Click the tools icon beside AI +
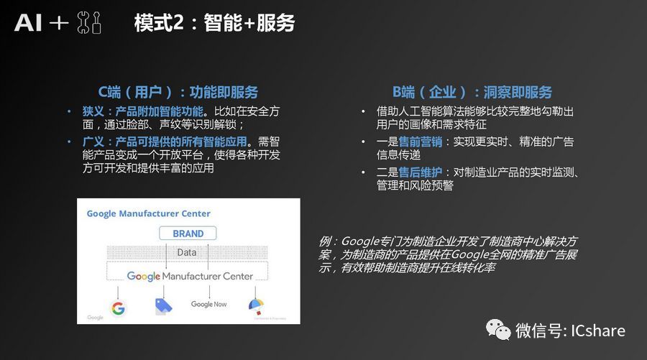[89, 23]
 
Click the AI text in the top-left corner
[28, 23]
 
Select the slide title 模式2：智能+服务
[214, 23]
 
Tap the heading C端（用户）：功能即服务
[178, 92]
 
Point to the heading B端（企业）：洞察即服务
[472, 92]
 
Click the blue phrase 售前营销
[420, 142]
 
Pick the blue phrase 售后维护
[420, 172]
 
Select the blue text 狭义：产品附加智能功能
[143, 111]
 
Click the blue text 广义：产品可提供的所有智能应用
[165, 142]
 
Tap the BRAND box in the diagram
[188, 234]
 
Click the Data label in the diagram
[187, 252]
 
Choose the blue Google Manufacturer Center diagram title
[149, 213]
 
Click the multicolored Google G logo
[118, 308]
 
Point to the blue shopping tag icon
[163, 307]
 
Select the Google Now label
[208, 305]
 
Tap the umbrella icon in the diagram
[256, 306]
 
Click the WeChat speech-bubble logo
[498, 330]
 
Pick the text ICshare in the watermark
[598, 331]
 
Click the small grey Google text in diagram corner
[96, 318]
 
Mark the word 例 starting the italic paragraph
[326, 241]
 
